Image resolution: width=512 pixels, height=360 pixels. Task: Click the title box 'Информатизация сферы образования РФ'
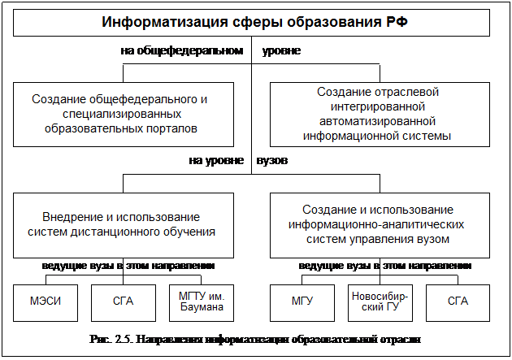click(251, 23)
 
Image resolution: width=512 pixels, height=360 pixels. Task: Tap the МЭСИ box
click(46, 303)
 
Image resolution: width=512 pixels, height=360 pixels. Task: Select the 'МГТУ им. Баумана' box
click(202, 303)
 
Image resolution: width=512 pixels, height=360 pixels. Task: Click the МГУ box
click(302, 303)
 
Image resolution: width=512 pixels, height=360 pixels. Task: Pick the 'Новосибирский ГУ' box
click(380, 303)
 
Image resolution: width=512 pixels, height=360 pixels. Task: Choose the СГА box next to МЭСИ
click(124, 303)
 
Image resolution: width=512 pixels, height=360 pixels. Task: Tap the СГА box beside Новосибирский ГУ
click(458, 303)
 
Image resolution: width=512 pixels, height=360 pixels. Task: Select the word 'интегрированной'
click(378, 106)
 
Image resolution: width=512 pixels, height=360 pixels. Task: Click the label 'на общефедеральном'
click(182, 51)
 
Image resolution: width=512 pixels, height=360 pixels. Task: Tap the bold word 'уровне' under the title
click(281, 51)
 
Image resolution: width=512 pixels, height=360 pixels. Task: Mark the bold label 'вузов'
click(272, 161)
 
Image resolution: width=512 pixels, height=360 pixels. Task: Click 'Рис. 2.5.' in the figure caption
click(111, 340)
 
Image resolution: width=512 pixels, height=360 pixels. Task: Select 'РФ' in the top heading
click(397, 22)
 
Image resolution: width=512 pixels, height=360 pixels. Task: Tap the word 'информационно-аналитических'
click(376, 224)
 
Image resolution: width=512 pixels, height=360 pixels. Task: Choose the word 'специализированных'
click(122, 115)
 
